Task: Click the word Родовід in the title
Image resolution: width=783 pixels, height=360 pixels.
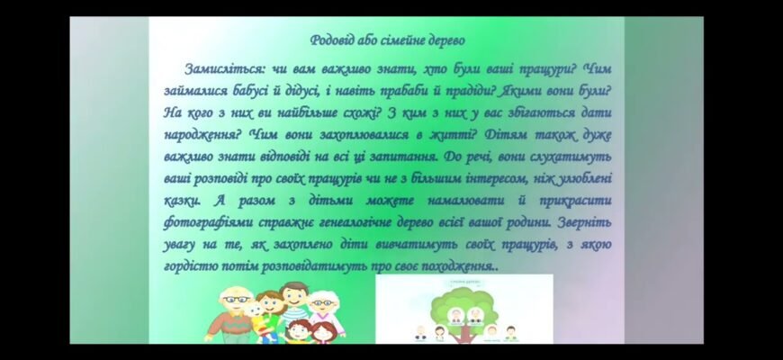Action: pos(330,40)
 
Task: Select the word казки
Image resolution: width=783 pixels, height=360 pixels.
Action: pos(183,201)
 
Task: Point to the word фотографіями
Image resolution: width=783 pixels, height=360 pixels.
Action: pos(213,222)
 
